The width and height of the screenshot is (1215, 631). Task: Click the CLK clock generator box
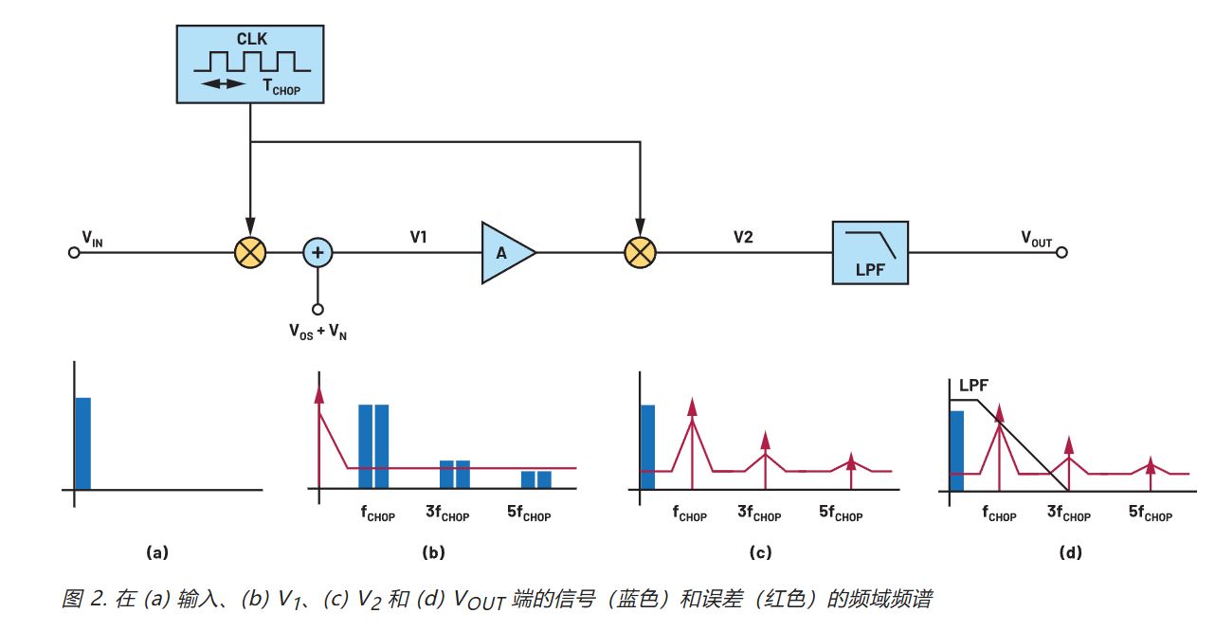pyautogui.click(x=251, y=63)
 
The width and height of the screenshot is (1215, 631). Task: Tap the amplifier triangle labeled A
pyautogui.click(x=505, y=253)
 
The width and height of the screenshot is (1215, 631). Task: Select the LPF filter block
pyautogui.click(x=870, y=253)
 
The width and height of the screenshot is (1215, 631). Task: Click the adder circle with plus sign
pyautogui.click(x=318, y=253)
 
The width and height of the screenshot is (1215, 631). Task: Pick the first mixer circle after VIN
pyautogui.click(x=250, y=253)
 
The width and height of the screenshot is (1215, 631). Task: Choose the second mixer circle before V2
pyautogui.click(x=641, y=253)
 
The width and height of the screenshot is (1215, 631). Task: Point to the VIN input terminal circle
pyautogui.click(x=73, y=253)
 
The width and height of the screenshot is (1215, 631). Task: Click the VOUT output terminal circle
pyautogui.click(x=1061, y=253)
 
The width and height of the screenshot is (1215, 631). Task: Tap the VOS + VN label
pyautogui.click(x=317, y=333)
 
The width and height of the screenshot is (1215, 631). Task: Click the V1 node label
pyautogui.click(x=418, y=237)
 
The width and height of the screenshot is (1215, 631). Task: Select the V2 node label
pyautogui.click(x=743, y=237)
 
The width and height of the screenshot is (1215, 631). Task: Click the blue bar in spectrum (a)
pyautogui.click(x=82, y=443)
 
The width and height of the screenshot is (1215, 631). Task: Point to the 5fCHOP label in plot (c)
pyautogui.click(x=841, y=514)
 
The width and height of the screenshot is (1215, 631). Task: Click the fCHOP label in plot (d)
pyautogui.click(x=999, y=514)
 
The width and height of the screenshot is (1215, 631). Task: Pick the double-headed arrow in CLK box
pyautogui.click(x=223, y=84)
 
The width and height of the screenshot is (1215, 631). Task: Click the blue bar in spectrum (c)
pyautogui.click(x=647, y=447)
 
